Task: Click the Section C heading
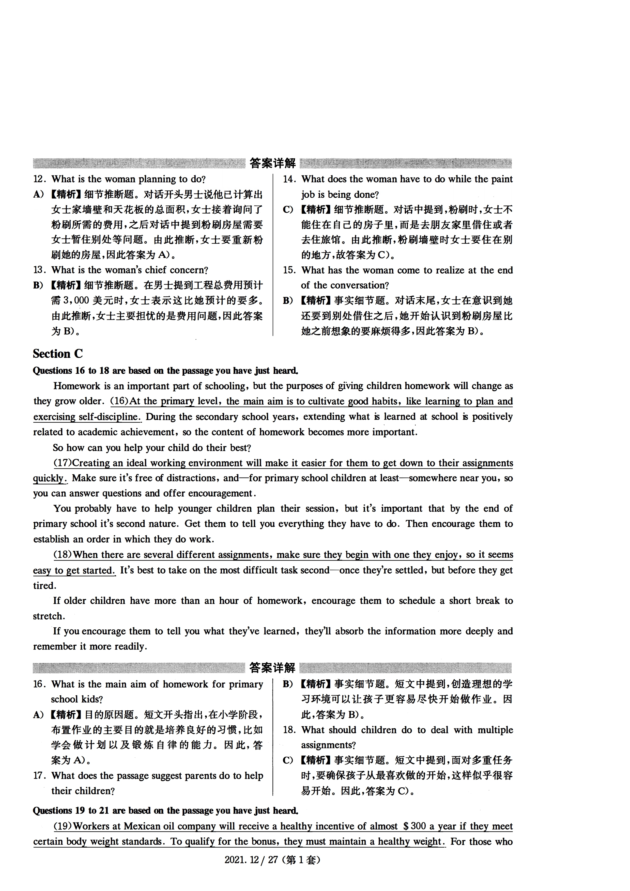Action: point(58,354)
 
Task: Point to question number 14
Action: point(289,179)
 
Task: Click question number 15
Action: point(289,270)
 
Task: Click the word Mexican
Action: point(142,826)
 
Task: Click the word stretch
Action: point(49,616)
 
